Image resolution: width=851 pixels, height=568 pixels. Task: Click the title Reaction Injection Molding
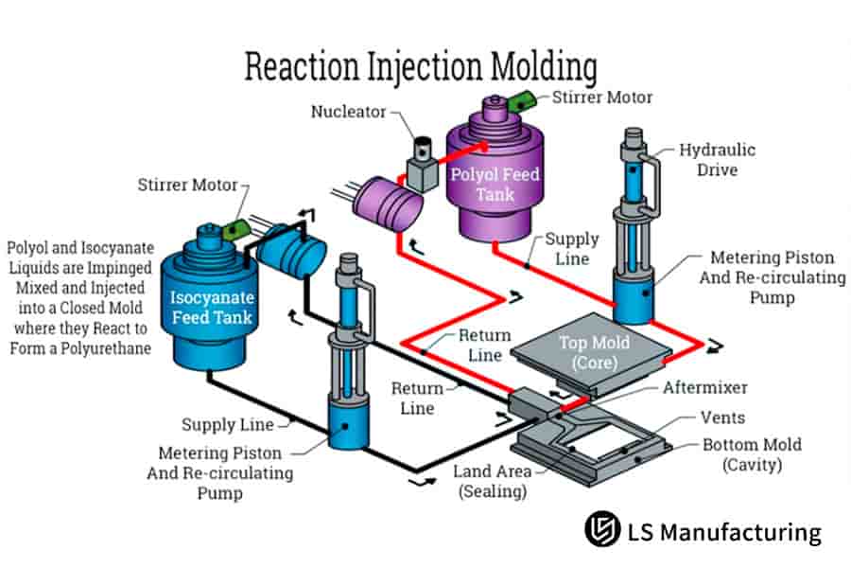click(421, 68)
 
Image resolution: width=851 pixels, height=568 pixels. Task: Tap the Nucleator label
click(349, 112)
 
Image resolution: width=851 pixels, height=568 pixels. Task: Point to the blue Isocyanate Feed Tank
click(212, 303)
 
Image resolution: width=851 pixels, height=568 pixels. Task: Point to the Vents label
click(722, 417)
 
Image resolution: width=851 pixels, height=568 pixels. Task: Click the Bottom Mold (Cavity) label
click(752, 454)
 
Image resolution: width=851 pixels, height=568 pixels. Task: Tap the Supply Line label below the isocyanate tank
click(228, 425)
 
